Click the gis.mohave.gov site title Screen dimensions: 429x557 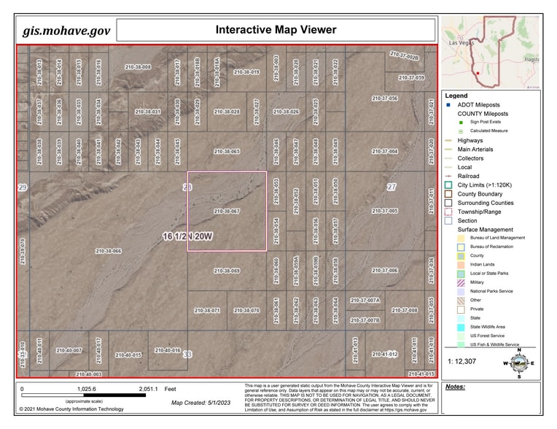66,31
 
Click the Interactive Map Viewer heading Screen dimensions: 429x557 276,30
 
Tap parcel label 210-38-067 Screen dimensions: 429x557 227,211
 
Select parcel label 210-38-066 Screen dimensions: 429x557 108,251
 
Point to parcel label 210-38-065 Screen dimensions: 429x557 227,152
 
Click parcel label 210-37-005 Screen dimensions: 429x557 384,211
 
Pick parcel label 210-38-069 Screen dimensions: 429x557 227,271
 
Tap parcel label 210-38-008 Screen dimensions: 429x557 137,67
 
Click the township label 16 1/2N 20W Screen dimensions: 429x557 187,236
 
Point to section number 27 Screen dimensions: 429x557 392,188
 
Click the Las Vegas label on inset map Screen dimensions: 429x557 462,43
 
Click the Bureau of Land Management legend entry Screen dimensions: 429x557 497,238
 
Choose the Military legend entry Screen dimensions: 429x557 477,282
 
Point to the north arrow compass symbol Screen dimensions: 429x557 518,362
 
